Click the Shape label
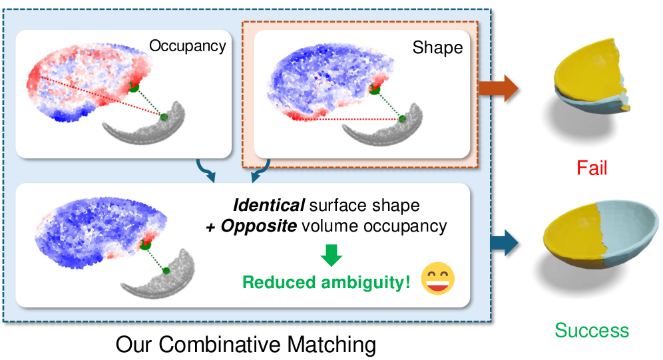(x=437, y=47)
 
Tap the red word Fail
(x=592, y=168)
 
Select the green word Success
(x=592, y=330)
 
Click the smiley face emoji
(x=438, y=279)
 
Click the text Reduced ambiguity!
(x=326, y=282)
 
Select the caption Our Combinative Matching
(x=246, y=345)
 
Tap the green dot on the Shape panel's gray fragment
(x=403, y=118)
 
